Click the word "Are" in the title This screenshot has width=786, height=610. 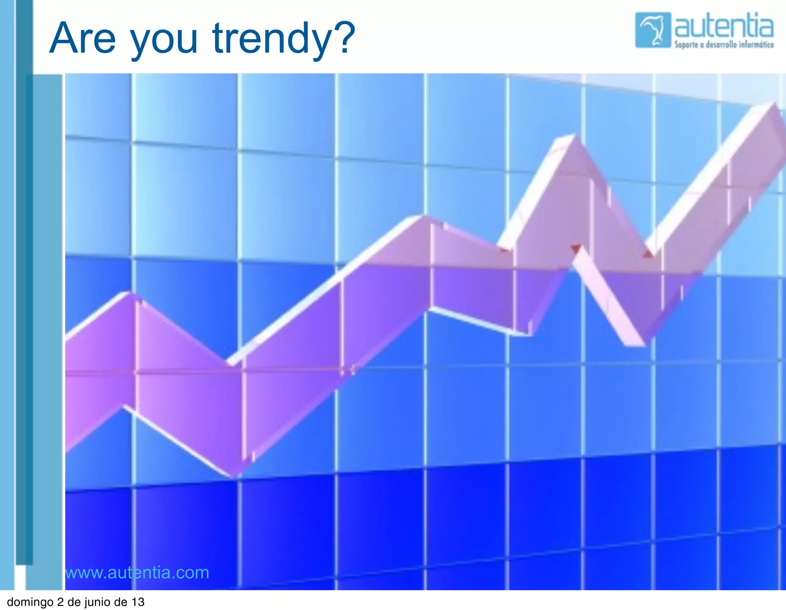click(83, 38)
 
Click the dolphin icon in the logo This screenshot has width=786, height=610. click(653, 30)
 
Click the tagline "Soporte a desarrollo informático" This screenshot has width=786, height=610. click(724, 45)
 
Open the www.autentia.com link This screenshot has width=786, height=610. click(137, 573)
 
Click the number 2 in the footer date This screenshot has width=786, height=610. click(60, 602)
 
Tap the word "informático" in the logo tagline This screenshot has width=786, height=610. click(756, 45)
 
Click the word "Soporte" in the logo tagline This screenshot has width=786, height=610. click(686, 45)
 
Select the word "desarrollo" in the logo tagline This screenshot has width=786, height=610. click(722, 45)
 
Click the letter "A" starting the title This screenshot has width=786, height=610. click(63, 38)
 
